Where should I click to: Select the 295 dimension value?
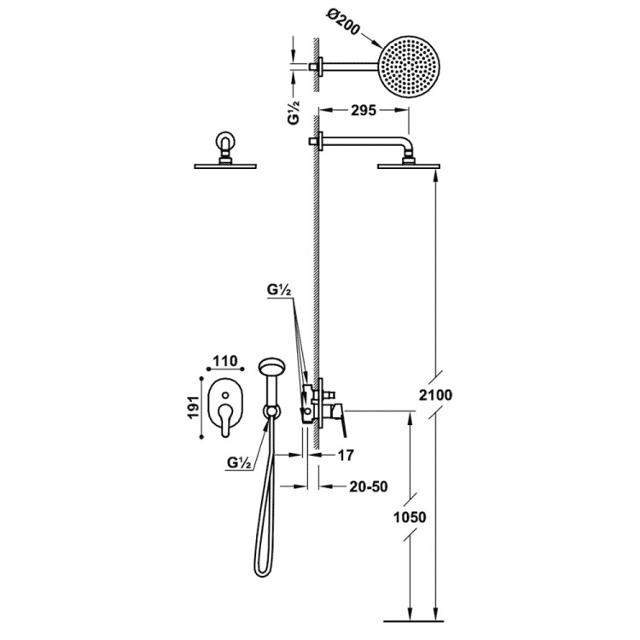[364, 110]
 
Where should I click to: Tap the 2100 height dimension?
[435, 395]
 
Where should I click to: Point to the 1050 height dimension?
[410, 517]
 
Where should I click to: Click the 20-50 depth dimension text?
[368, 486]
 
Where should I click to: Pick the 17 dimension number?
[345, 455]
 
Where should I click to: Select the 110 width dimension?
[225, 361]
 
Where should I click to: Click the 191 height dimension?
[194, 406]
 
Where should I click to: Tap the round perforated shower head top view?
[410, 67]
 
